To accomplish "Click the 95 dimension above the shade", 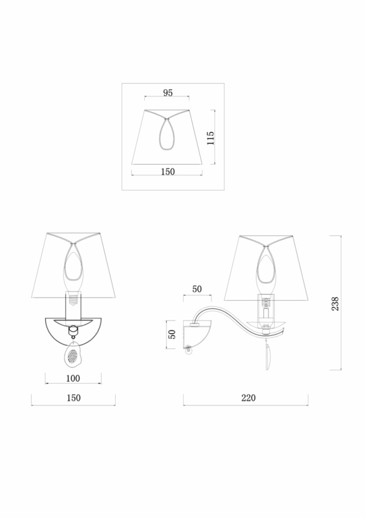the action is [168, 93].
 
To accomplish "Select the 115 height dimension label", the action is [210, 138].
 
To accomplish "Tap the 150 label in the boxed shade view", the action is [168, 171].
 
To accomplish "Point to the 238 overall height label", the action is [335, 304].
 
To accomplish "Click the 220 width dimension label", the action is [248, 398].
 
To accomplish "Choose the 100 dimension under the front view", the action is [73, 378].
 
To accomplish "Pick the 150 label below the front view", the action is [73, 398].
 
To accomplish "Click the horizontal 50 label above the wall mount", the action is [197, 289].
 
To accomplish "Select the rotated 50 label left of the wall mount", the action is [172, 335].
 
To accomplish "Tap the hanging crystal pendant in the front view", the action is [73, 354].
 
